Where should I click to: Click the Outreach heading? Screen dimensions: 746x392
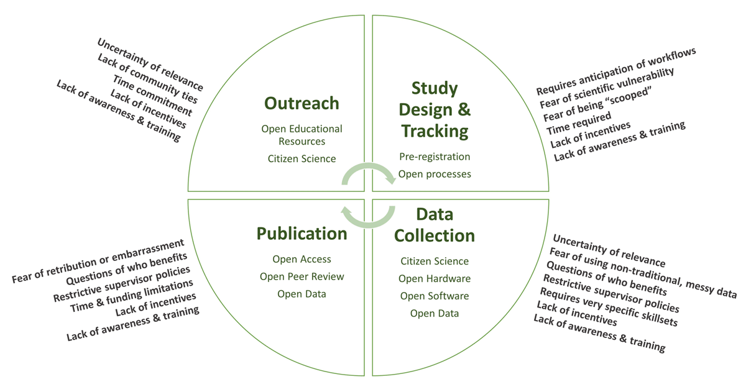[x=302, y=103]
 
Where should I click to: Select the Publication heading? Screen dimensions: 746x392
[x=302, y=234]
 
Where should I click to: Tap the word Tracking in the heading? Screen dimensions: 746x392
[x=435, y=131]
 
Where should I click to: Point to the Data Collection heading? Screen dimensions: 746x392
[x=435, y=225]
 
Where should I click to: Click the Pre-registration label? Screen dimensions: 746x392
[x=435, y=157]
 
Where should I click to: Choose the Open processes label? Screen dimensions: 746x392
[x=435, y=174]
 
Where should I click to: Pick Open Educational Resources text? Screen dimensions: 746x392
[x=302, y=135]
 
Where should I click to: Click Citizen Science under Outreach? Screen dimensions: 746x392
[x=302, y=159]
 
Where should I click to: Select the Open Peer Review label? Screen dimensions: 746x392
[x=302, y=276]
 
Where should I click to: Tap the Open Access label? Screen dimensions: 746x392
[x=302, y=259]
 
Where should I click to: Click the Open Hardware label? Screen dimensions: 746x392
[x=435, y=278]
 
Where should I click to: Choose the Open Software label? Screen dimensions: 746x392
[x=435, y=296]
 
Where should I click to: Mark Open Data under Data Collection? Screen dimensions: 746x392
[x=435, y=314]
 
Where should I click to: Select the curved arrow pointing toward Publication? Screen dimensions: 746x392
[x=368, y=225]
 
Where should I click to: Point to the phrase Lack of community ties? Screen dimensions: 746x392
[x=147, y=79]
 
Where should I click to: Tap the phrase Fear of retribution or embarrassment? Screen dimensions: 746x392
[x=98, y=261]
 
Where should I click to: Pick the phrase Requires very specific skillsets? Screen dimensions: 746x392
[x=609, y=307]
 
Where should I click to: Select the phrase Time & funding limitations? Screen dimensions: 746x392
[x=132, y=296]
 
